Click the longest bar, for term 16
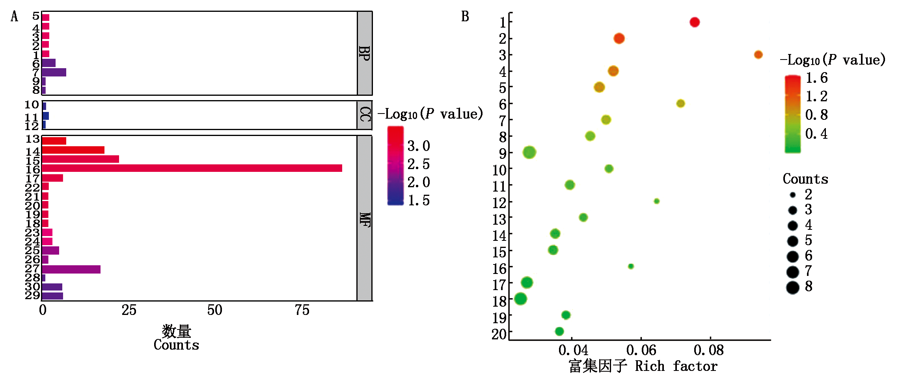192,168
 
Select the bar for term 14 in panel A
73,150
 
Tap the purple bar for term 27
71,269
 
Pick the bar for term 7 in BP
54,72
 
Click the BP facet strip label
365,53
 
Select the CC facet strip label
365,115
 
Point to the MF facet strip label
365,219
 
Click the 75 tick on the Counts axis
302,311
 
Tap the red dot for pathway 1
695,22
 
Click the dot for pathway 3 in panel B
758,55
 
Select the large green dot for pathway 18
520,299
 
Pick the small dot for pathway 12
656,201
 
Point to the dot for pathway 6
680,104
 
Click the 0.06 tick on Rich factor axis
641,350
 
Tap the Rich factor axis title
643,366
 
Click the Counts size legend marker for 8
793,287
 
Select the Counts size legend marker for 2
793,195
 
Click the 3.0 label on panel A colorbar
419,146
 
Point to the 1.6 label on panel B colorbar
816,78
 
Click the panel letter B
465,17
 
